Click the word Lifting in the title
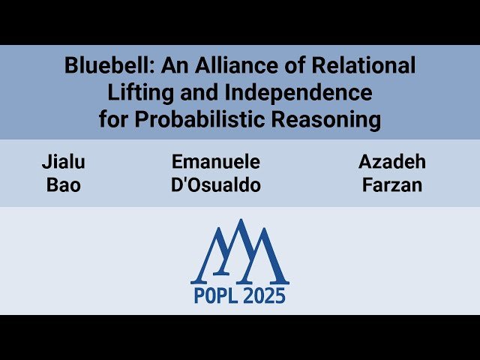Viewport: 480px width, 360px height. point(136,93)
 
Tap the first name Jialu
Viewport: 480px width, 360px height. point(64,162)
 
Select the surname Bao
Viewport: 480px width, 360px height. point(64,185)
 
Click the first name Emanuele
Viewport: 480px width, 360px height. point(216,162)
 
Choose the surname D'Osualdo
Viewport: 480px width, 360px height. point(216,185)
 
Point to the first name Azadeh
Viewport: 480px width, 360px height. point(392,162)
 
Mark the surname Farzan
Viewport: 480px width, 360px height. point(392,185)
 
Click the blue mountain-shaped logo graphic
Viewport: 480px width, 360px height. point(240,251)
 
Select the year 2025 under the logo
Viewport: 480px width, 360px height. point(265,295)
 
